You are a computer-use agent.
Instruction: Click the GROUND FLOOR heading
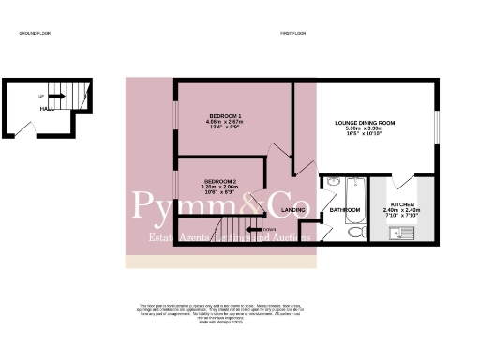pyautogui.click(x=36, y=34)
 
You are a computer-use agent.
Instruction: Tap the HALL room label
pyautogui.click(x=45, y=109)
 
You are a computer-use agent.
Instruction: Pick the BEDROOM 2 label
pyautogui.click(x=220, y=180)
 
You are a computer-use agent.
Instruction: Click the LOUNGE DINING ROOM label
pyautogui.click(x=366, y=123)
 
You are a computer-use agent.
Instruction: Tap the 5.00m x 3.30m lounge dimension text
pyautogui.click(x=366, y=129)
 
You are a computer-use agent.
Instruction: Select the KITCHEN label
pyautogui.click(x=402, y=203)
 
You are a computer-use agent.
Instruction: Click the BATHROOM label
pyautogui.click(x=344, y=210)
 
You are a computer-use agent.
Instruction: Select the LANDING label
pyautogui.click(x=293, y=210)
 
